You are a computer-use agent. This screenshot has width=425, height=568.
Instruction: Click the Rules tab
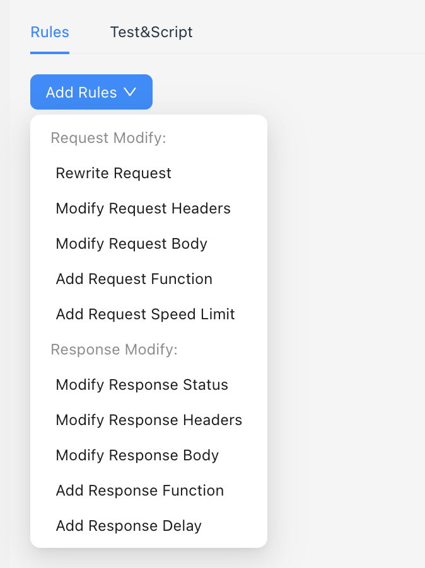(x=50, y=32)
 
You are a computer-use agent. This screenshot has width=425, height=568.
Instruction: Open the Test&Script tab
(x=151, y=32)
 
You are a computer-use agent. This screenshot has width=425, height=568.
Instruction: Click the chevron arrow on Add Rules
(x=130, y=92)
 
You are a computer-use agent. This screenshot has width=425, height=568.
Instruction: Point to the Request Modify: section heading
(x=108, y=138)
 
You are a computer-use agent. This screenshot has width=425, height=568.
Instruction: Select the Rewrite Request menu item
(x=114, y=173)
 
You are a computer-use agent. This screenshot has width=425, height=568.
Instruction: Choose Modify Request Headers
(x=143, y=208)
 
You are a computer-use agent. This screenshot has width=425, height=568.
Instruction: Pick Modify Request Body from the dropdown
(x=131, y=244)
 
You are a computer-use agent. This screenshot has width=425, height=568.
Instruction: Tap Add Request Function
(x=134, y=279)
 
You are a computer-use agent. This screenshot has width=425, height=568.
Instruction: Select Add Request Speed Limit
(x=145, y=314)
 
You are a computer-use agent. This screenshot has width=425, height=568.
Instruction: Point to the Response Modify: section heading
(x=114, y=349)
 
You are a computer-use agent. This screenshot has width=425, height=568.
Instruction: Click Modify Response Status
(x=142, y=385)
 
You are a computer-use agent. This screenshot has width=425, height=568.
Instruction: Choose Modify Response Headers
(x=149, y=420)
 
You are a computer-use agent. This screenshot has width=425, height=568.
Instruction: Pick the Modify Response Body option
(x=137, y=455)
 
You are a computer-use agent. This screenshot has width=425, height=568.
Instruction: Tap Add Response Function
(x=139, y=491)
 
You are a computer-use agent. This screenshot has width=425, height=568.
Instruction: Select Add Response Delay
(x=129, y=526)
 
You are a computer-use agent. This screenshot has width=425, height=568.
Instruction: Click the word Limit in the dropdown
(x=217, y=314)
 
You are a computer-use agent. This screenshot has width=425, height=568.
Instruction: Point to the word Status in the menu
(x=206, y=385)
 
